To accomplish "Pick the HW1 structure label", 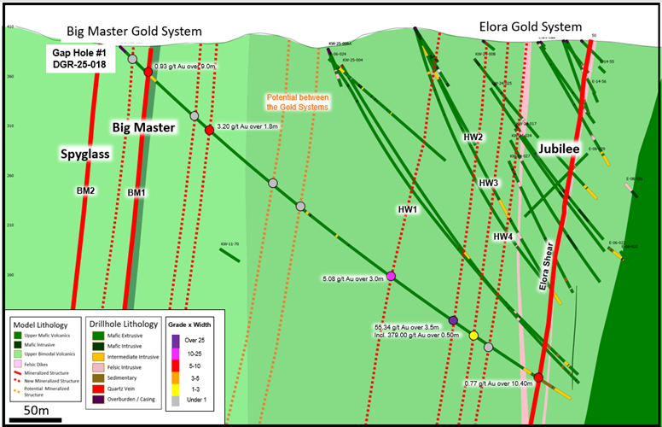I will [x=408, y=209].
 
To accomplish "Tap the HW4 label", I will [x=502, y=237].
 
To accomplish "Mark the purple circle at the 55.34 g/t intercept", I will [x=453, y=320].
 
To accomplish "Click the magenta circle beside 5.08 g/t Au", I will [x=391, y=276].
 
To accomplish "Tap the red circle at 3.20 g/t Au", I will [x=209, y=130].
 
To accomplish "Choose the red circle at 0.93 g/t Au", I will [x=148, y=73].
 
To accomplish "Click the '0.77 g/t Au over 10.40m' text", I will [x=499, y=383].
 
